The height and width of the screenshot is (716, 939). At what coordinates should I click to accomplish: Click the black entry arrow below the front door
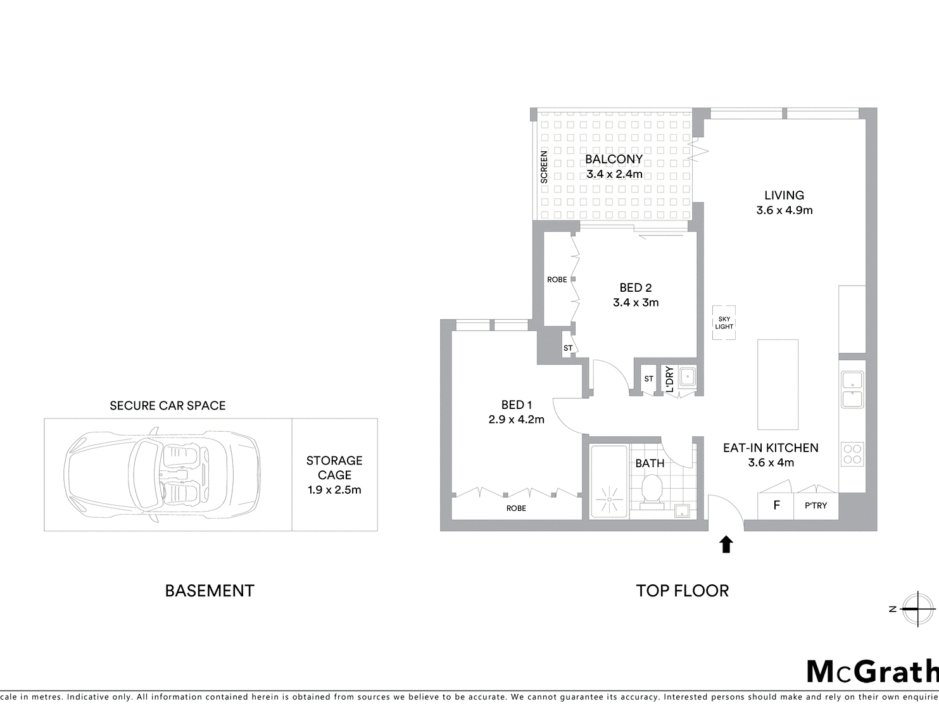click(726, 545)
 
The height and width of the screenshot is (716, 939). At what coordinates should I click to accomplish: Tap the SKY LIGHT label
click(724, 323)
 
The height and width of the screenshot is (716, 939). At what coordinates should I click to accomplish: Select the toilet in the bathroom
click(652, 492)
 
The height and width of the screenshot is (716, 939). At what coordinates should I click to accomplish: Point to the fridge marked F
click(776, 506)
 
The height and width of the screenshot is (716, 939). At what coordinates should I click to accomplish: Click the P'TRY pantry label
click(816, 506)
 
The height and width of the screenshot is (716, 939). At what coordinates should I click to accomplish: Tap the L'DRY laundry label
click(669, 379)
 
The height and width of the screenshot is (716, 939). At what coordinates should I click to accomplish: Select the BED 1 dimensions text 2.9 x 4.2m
click(516, 420)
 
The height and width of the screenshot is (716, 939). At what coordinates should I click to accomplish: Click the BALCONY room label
click(614, 159)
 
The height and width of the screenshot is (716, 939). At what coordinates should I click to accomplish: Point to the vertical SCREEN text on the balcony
click(544, 166)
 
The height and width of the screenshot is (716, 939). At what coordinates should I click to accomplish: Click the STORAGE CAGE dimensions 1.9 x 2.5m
click(334, 490)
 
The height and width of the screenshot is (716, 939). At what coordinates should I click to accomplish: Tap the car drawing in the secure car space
click(162, 475)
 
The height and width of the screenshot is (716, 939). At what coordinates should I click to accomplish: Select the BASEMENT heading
click(210, 591)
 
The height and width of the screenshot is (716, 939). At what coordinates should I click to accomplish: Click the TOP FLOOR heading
click(683, 591)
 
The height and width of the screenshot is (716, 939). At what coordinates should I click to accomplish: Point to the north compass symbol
click(917, 609)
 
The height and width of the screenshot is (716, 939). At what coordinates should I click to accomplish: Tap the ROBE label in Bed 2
click(557, 280)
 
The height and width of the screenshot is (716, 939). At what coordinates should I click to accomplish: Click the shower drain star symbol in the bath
click(609, 499)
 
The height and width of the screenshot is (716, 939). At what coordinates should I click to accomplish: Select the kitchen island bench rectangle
click(778, 384)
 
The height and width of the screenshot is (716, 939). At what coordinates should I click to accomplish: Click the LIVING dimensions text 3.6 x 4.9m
click(784, 210)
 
